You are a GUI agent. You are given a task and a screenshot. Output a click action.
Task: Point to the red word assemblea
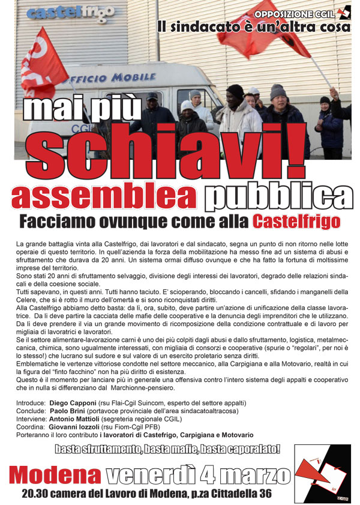click(103, 197)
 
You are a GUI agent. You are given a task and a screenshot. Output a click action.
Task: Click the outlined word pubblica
click(277, 197)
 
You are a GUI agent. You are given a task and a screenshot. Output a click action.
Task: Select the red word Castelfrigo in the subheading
click(296, 222)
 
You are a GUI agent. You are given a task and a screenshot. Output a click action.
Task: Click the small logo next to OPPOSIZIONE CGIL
click(344, 13)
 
